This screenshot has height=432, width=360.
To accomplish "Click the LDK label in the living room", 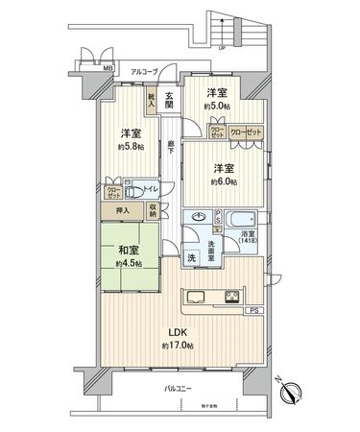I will tap(179, 332).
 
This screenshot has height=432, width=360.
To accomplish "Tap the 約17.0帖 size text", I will tap(179, 344).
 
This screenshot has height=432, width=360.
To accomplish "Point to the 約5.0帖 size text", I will tap(218, 107).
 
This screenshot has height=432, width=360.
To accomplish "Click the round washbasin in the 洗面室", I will tap(198, 218).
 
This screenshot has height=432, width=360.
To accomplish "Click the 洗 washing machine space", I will tap(191, 259).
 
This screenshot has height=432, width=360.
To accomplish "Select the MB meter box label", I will tap(108, 69).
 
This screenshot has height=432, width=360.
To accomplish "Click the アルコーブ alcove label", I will tap(144, 70).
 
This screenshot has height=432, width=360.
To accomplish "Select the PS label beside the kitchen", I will tap(254, 311).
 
